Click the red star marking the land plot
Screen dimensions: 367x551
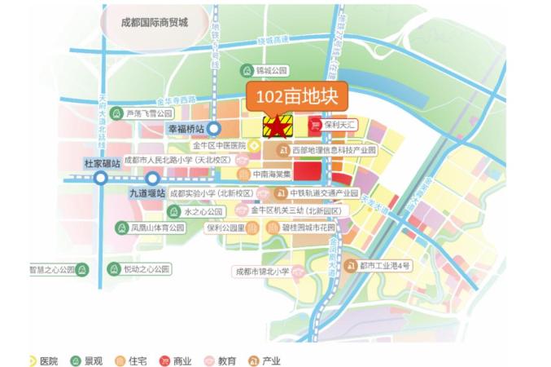click(x=278, y=126)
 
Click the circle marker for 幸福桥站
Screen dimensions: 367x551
click(x=214, y=129)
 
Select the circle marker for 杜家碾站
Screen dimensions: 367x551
click(x=100, y=177)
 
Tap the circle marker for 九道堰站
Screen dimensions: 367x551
click(x=152, y=179)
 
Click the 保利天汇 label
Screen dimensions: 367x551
click(x=341, y=124)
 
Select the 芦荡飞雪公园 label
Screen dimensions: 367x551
click(x=149, y=113)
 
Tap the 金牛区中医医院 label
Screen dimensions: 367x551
click(x=219, y=145)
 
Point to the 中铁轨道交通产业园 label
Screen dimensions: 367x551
click(x=323, y=193)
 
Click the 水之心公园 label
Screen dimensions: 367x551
click(x=203, y=210)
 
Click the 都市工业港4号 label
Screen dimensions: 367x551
click(x=386, y=265)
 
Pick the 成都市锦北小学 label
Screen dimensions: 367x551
click(x=263, y=269)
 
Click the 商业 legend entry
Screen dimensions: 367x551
click(x=181, y=360)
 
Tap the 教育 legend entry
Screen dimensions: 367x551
click(x=225, y=360)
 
